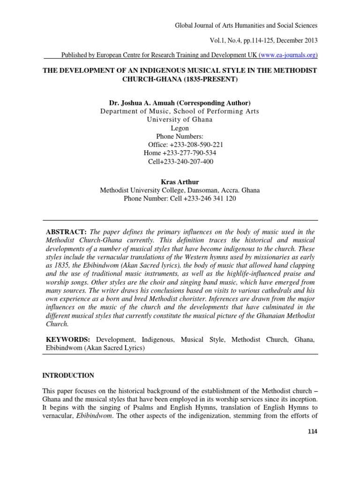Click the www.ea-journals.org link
(288, 55)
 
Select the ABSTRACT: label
(66, 232)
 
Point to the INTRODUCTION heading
(68, 375)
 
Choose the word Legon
(180, 128)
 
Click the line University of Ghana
(180, 120)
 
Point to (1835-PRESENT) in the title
(202, 79)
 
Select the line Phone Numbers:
(180, 136)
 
